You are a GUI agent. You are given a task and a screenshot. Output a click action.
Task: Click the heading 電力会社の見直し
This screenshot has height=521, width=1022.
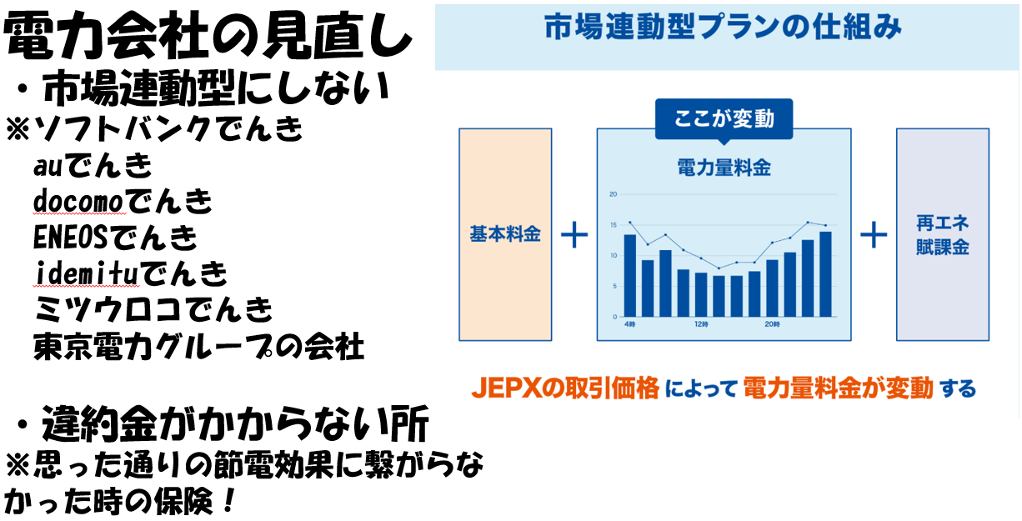(x=208, y=37)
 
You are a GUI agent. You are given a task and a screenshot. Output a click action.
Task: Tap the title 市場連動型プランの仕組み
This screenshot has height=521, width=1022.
(x=724, y=28)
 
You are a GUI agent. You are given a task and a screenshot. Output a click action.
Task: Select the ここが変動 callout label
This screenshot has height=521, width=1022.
(x=724, y=119)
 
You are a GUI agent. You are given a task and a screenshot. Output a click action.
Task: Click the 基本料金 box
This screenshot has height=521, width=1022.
(x=505, y=234)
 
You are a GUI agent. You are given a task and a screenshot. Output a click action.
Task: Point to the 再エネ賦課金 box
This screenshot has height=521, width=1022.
(x=943, y=234)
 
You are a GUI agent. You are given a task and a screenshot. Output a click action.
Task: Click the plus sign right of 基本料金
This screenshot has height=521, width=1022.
(x=574, y=235)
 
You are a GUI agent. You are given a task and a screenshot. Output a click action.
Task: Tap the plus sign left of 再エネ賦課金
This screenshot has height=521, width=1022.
(x=874, y=235)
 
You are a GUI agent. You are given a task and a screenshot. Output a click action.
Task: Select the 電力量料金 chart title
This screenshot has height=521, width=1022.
(x=724, y=168)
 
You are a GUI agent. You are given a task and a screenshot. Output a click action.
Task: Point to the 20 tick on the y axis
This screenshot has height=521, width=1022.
(x=613, y=194)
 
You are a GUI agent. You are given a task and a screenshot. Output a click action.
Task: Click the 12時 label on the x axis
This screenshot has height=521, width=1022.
(x=701, y=324)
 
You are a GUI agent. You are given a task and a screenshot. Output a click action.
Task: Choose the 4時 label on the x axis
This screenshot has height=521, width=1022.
(x=629, y=324)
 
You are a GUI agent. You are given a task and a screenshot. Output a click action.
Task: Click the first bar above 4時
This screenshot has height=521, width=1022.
(x=629, y=276)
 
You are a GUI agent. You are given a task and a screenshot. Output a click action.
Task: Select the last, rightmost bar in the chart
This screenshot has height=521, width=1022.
(x=825, y=274)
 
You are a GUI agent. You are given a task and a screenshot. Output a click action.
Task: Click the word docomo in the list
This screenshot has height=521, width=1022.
(x=78, y=201)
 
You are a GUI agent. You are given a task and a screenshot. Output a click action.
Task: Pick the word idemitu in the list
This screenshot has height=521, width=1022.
(x=85, y=273)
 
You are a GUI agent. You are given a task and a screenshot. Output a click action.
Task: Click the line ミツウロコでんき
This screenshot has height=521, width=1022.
(x=153, y=309)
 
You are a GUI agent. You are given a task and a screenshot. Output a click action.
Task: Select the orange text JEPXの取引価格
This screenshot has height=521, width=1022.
(x=565, y=388)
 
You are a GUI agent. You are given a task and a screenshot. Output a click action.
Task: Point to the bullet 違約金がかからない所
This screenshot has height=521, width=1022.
(x=223, y=424)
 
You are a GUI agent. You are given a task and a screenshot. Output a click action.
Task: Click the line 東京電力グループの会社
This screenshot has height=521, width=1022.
(x=198, y=347)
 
